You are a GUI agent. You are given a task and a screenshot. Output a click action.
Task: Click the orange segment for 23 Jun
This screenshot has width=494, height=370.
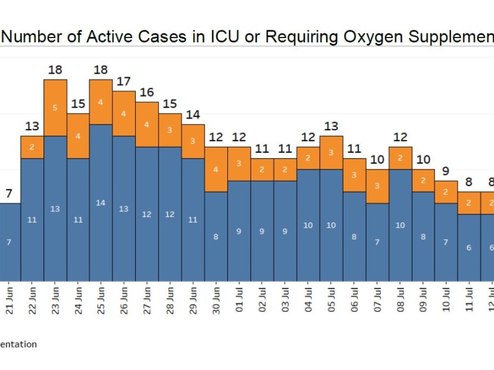point(55,108)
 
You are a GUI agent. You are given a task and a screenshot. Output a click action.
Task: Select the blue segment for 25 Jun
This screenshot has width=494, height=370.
point(101,202)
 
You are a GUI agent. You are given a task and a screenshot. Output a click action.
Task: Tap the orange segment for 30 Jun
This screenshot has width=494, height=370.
point(216,170)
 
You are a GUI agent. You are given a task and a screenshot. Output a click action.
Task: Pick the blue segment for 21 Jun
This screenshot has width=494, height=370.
point(10,242)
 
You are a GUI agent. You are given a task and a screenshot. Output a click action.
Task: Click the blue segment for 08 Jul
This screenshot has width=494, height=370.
point(401,225)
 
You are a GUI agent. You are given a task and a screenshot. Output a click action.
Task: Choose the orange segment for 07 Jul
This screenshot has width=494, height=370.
point(377,186)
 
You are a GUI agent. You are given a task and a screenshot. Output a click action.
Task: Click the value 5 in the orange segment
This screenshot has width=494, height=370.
point(55,108)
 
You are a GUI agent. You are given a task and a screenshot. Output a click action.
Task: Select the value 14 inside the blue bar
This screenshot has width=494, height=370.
point(101,203)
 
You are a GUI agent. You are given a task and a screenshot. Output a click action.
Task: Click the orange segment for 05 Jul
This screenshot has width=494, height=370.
point(332,153)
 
